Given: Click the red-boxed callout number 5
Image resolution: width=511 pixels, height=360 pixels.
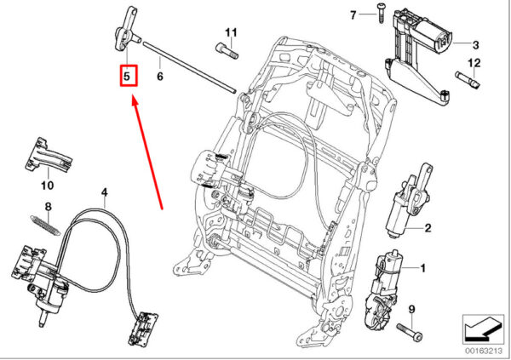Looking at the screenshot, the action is coord(127,77).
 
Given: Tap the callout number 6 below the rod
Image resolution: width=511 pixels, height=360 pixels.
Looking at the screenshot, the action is coord(160,77).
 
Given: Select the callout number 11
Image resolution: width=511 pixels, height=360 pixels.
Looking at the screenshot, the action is coord(231,33).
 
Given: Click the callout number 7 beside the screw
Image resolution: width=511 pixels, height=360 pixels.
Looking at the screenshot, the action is coord(353,15).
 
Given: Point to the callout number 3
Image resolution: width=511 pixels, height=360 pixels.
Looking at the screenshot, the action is coord(475,45).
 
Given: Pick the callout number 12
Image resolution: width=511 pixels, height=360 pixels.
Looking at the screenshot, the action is coord(474,62).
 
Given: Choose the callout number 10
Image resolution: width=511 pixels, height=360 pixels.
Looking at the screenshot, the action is coord(47,186).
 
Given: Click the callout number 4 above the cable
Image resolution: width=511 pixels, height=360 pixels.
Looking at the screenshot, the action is coord(104,192).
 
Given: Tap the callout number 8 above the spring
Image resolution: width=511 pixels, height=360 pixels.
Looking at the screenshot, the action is coord(49,207).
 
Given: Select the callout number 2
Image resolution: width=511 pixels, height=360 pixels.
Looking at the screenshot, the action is coord(428,228).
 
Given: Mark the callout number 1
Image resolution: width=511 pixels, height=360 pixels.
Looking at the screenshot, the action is coord(422,268).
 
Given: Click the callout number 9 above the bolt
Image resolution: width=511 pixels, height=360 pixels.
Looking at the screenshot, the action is coord(411,309).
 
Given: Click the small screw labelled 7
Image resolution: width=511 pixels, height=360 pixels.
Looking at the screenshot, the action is coord(381,13).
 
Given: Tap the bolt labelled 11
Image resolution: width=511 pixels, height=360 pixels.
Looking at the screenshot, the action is coord(227,51).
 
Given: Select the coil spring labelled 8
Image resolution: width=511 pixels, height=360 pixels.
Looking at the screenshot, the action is coord(45,226).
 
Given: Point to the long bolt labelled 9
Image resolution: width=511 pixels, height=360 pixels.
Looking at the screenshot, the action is coord(410,331).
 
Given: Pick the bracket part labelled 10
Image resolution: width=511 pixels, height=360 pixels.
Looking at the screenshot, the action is coord(49,156).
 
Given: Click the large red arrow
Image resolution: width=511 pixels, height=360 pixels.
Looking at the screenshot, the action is coord(147,151).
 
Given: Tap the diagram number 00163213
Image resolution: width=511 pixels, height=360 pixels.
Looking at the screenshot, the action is coord(484,351).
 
